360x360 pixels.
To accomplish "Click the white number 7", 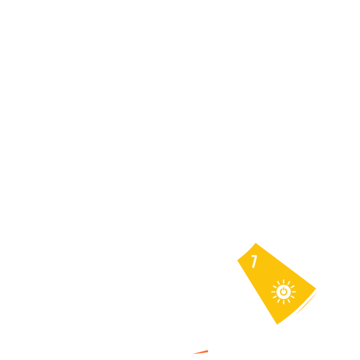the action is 254,261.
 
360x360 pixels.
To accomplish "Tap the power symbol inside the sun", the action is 284,291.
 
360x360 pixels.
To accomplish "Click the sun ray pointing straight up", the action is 284,282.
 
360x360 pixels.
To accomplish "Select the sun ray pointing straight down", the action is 284,302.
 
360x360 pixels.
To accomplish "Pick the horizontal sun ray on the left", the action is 273,292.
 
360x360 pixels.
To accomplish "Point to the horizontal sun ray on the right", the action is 294,292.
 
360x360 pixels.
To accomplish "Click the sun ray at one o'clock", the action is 289,283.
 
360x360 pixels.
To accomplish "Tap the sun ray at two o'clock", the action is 292,287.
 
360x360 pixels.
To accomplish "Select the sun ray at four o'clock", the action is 292,297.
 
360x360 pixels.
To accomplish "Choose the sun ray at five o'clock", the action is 289,301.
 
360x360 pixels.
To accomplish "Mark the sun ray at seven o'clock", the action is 279,301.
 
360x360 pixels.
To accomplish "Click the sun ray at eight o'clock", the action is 275,297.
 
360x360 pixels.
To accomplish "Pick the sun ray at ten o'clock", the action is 275,287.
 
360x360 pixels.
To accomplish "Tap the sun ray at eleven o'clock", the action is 279,283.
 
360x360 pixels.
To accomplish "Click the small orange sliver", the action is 201,352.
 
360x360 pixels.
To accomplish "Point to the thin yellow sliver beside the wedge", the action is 307,303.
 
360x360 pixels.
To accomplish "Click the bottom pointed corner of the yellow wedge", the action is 277,324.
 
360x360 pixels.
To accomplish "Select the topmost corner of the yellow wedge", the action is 256,243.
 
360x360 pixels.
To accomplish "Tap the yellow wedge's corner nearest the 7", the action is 237,260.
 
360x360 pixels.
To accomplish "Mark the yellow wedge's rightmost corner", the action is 316,288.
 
